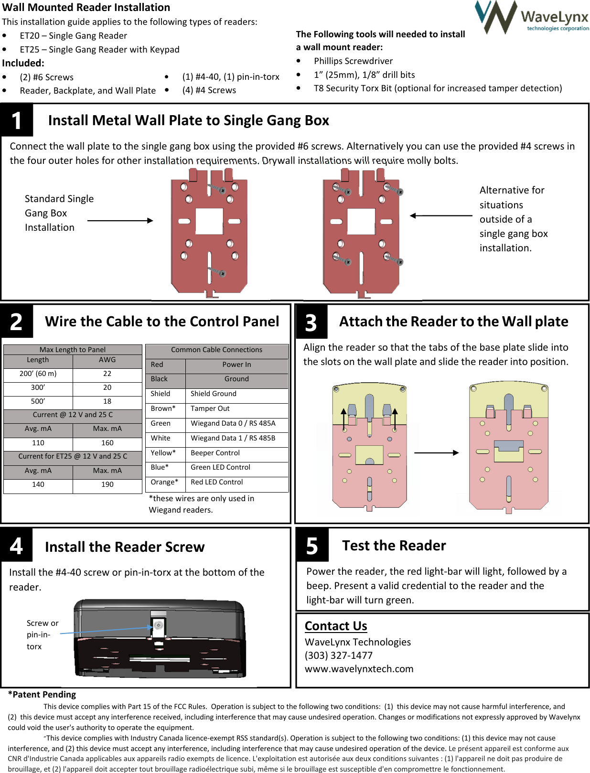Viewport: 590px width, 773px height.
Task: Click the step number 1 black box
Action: [17, 120]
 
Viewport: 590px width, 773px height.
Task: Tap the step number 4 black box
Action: [17, 545]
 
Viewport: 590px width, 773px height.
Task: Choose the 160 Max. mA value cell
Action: [107, 443]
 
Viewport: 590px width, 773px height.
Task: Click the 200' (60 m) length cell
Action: [38, 374]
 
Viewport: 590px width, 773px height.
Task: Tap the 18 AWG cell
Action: [107, 401]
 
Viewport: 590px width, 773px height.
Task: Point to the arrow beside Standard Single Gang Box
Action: [120, 221]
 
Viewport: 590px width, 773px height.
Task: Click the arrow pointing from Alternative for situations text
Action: [440, 215]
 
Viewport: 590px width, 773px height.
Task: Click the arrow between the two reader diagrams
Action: [436, 452]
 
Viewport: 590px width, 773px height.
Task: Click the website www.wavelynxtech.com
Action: [359, 669]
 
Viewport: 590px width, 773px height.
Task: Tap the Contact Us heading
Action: [336, 626]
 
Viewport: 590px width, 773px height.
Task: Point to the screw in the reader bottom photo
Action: [159, 625]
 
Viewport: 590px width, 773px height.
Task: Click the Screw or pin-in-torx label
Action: [42, 634]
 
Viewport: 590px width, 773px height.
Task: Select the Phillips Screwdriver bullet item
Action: [353, 61]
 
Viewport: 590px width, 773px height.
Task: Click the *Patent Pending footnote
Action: [42, 694]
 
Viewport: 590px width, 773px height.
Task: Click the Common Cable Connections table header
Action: [216, 350]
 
